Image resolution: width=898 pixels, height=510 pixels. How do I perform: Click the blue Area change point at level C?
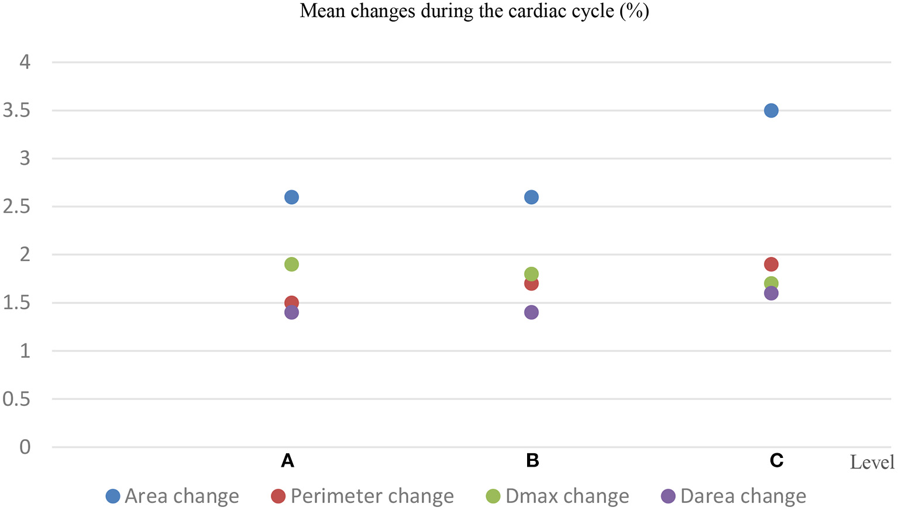(x=771, y=111)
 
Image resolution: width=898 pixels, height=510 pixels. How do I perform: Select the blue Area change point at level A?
(x=291, y=197)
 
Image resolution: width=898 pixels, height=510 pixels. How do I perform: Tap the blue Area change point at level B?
(x=531, y=197)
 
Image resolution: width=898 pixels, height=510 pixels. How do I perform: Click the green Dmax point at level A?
(x=291, y=264)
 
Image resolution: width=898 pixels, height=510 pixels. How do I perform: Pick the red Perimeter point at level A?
(x=291, y=302)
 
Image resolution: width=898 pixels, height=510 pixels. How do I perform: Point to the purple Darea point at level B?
(x=531, y=312)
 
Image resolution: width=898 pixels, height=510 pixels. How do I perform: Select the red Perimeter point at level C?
(x=771, y=264)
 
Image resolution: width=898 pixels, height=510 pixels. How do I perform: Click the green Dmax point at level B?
(x=531, y=273)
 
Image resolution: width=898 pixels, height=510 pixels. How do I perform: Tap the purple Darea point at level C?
(x=771, y=294)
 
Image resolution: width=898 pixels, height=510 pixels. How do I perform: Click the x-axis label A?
(x=287, y=461)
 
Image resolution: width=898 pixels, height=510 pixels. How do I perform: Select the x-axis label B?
(x=532, y=461)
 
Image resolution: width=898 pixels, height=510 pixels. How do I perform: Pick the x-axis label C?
(x=776, y=461)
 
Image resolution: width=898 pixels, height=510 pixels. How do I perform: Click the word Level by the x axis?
(x=872, y=463)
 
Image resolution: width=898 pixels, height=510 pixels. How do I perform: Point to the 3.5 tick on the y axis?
(x=16, y=111)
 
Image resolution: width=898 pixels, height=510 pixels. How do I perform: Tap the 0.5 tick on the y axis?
(x=16, y=399)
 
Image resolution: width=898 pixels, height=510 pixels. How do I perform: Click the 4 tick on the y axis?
(x=25, y=62)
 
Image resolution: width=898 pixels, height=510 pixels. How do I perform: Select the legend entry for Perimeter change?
(x=371, y=497)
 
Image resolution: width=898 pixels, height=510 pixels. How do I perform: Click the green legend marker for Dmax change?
(x=493, y=497)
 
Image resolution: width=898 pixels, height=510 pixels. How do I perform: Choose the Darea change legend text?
(x=743, y=497)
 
